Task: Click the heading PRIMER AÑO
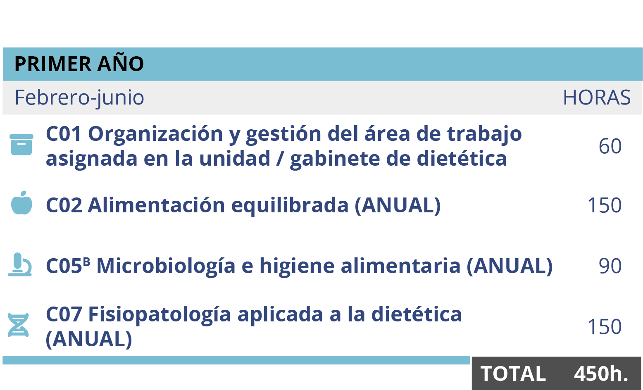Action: click(x=79, y=64)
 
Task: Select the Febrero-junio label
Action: click(x=79, y=98)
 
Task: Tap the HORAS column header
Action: click(x=596, y=98)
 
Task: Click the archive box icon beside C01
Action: click(x=21, y=145)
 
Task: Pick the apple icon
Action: click(x=21, y=203)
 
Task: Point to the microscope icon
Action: click(x=20, y=265)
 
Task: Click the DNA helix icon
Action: click(x=19, y=325)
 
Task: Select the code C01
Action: click(x=64, y=134)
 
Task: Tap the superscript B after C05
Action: click(x=86, y=262)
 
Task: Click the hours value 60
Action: click(x=610, y=146)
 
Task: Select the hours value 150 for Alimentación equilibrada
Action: click(x=604, y=205)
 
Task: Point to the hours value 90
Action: click(x=610, y=266)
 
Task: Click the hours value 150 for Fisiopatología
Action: click(x=604, y=327)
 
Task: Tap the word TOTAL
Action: click(x=513, y=374)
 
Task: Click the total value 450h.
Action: click(x=601, y=374)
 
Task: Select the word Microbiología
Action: click(x=166, y=266)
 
